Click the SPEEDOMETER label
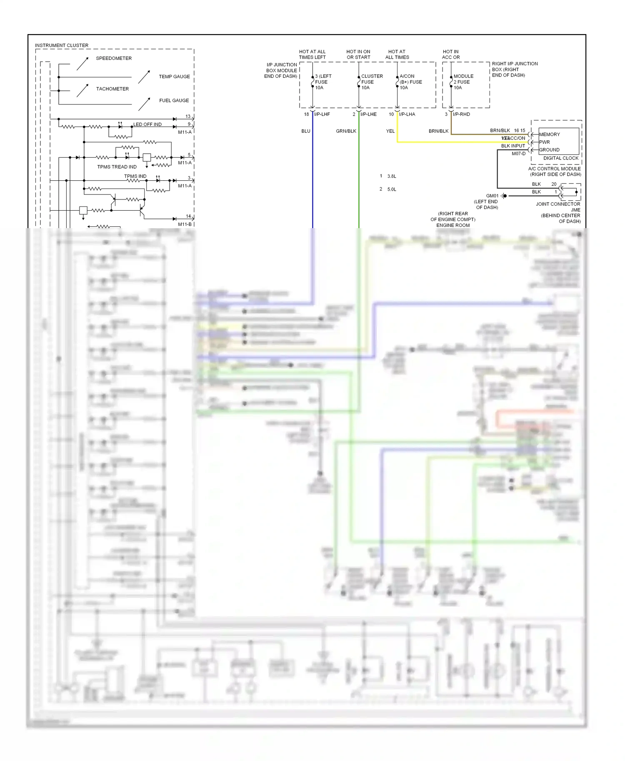114,58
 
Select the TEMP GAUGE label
174,77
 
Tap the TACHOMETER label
112,89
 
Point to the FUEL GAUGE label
174,100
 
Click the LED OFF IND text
147,124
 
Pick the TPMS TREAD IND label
117,167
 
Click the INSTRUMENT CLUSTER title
62,45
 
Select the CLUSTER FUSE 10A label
372,82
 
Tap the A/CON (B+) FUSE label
410,82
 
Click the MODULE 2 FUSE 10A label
463,82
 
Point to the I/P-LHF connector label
322,114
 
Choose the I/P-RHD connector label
461,114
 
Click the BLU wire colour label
306,131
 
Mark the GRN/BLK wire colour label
346,131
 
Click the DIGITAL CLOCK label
561,158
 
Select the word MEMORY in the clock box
549,134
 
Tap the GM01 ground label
492,196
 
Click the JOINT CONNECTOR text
558,204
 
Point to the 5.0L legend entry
392,189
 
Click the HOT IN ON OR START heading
358,55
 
